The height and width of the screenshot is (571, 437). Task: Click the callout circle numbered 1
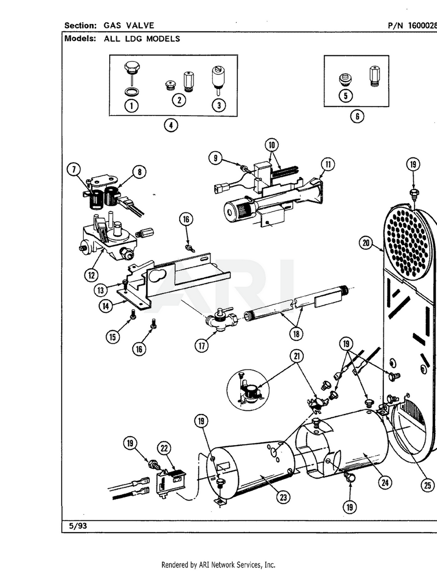click(131, 106)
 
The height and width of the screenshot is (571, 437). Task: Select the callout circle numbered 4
click(171, 126)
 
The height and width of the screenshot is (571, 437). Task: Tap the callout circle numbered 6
click(357, 116)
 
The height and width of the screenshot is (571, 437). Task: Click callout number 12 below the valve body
click(91, 275)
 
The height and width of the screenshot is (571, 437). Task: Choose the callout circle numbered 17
click(201, 345)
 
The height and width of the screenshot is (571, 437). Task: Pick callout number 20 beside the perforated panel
click(365, 243)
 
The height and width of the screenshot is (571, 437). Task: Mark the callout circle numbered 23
click(284, 497)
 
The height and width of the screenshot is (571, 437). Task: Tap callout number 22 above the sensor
click(164, 448)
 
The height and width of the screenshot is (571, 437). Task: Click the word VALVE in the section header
click(140, 25)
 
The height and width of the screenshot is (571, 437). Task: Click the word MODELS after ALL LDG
click(163, 38)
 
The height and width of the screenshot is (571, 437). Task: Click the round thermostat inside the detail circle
click(250, 391)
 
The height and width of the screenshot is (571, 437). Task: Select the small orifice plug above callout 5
click(345, 79)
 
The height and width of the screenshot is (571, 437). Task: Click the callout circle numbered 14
click(105, 306)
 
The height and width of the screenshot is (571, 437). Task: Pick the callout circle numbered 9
click(215, 158)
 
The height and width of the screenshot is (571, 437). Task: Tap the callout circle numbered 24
click(385, 482)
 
